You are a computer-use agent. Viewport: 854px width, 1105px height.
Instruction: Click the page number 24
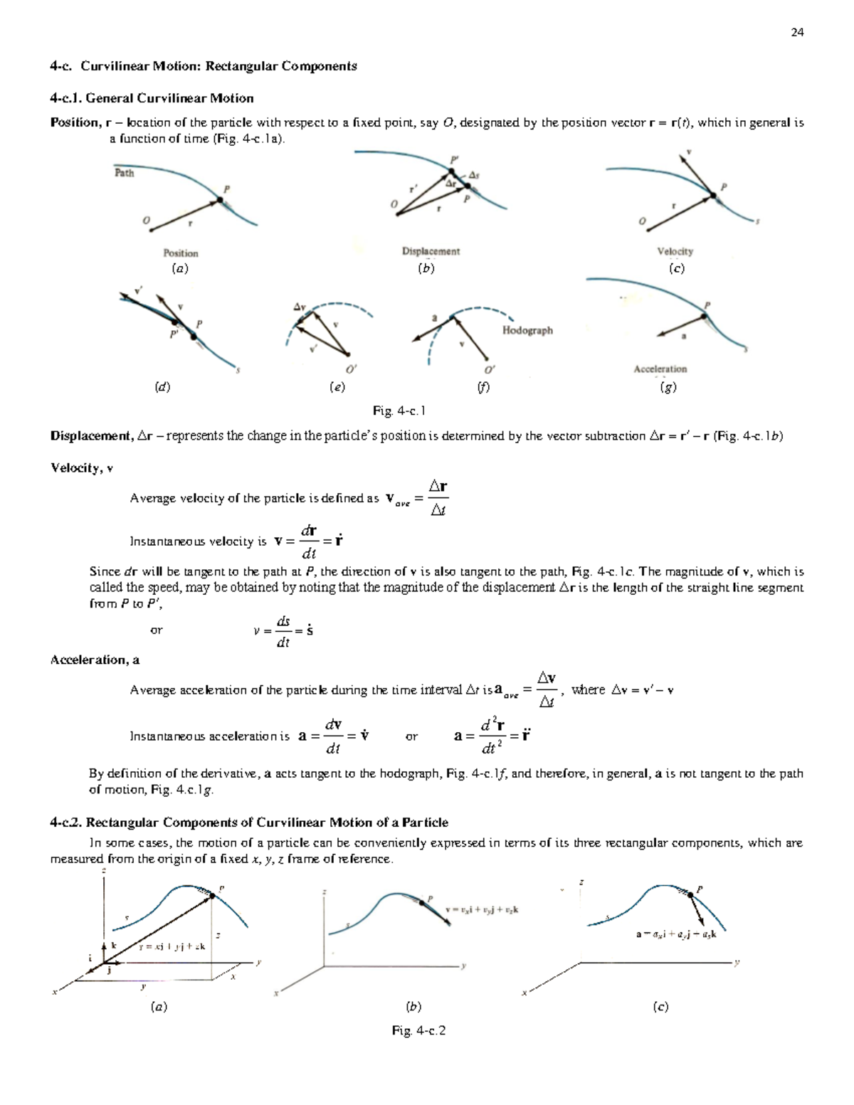797,32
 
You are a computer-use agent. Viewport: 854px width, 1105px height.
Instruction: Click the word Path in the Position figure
125,173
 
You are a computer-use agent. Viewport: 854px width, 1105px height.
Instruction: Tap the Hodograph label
527,330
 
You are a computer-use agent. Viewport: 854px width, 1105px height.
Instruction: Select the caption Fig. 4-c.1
399,411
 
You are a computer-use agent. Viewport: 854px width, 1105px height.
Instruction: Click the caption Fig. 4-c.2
418,1030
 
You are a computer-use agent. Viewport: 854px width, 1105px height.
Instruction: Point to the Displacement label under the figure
431,251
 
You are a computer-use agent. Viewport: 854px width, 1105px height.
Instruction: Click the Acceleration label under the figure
660,369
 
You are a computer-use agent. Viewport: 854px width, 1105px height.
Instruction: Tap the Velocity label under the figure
675,251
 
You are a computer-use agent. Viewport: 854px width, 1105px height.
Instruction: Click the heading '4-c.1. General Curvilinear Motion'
152,98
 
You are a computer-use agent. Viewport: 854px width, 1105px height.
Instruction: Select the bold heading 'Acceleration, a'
95,660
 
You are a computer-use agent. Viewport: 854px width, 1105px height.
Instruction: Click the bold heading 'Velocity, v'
81,467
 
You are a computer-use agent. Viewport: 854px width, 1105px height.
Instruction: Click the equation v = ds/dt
284,631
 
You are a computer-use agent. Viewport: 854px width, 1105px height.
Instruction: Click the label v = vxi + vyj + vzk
482,909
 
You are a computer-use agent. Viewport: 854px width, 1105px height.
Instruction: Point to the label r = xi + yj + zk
172,946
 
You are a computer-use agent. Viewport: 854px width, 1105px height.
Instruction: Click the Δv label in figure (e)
300,307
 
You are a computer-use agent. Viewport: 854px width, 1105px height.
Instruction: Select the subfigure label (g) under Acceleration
668,387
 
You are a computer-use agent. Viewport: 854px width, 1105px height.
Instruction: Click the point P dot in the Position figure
220,201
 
